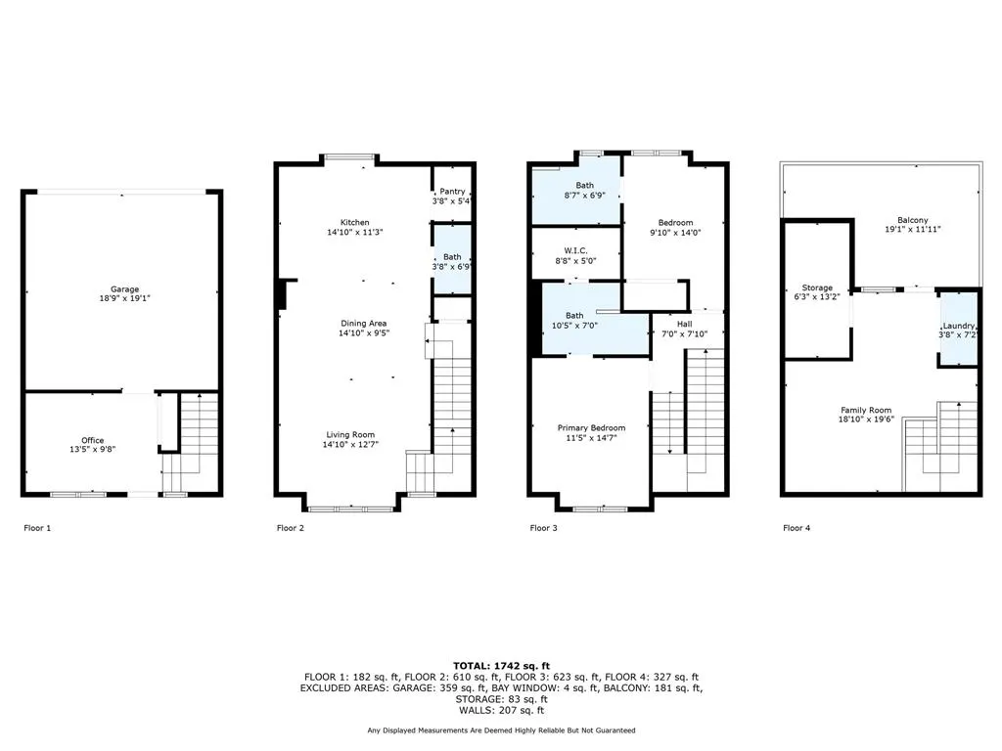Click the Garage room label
tap(124, 289)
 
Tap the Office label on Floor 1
tap(92, 441)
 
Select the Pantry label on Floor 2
tap(452, 192)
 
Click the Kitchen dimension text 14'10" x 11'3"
tap(354, 233)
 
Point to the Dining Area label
tap(354, 323)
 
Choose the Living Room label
tap(351, 435)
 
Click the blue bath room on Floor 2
tap(452, 259)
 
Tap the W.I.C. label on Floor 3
tap(575, 250)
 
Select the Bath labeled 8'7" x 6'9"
tap(584, 185)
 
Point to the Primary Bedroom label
tap(591, 427)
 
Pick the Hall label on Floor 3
tap(684, 325)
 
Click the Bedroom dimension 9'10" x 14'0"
tap(676, 233)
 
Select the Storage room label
tap(819, 288)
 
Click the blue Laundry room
tap(959, 329)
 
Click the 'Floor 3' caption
tap(543, 528)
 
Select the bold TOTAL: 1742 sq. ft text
tap(500, 665)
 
